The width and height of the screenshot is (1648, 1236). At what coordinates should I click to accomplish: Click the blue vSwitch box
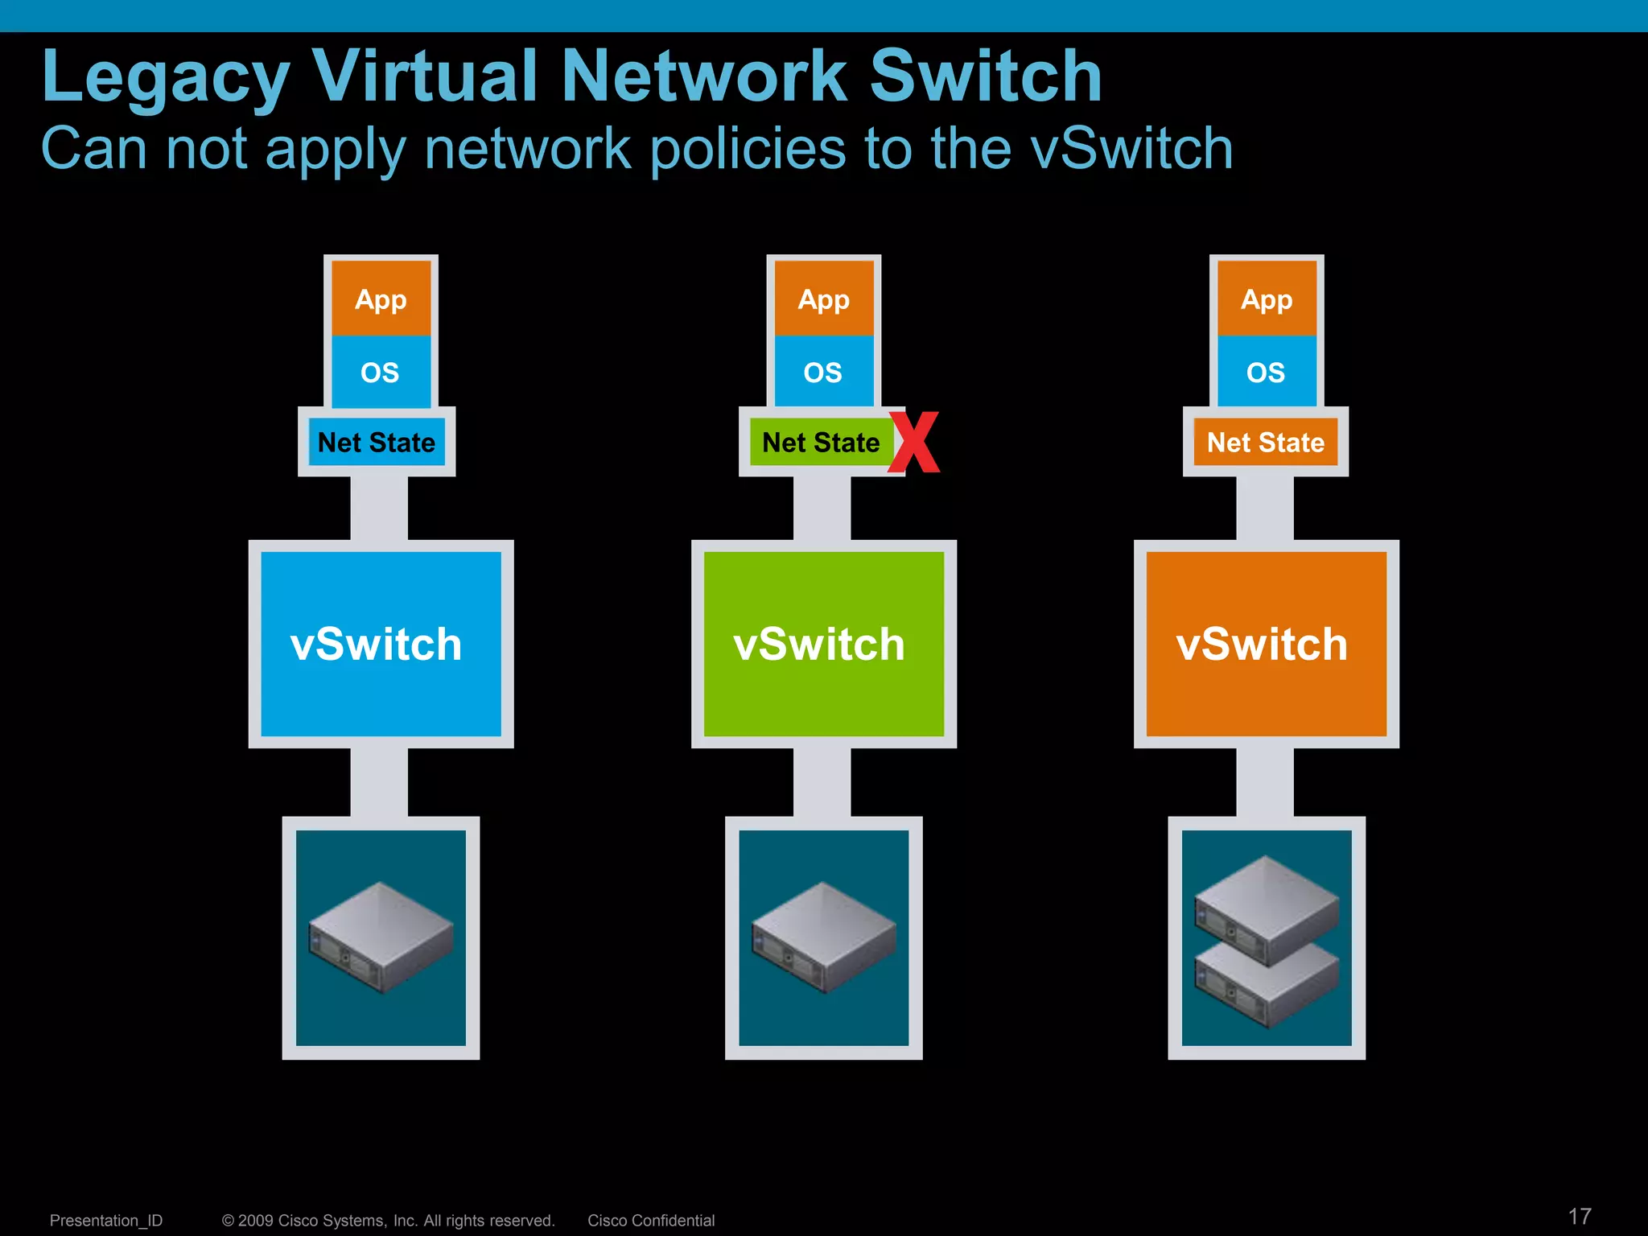(381, 644)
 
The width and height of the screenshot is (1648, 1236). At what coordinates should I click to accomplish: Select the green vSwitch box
(823, 644)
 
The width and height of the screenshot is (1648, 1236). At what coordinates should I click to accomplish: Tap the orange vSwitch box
(1266, 644)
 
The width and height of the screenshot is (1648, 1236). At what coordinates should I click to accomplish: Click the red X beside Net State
(914, 442)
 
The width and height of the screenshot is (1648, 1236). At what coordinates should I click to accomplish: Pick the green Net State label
(820, 442)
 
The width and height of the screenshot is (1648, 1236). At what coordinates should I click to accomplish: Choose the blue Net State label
(377, 442)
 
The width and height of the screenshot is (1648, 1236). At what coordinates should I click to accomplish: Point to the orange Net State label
(1265, 442)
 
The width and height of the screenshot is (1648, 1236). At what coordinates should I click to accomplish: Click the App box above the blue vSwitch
(381, 299)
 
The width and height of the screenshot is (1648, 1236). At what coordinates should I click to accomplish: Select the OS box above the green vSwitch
(823, 372)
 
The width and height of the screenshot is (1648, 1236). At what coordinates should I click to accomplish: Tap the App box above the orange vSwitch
(1267, 299)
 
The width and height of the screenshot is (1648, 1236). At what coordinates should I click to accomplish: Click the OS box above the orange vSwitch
(1266, 372)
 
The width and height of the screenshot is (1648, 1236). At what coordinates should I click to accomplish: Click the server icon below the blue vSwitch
(381, 937)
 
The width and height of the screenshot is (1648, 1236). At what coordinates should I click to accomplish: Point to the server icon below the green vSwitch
(823, 937)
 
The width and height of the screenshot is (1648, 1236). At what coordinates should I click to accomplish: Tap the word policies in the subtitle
(748, 149)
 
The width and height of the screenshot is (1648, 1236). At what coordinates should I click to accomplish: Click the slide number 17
(1580, 1216)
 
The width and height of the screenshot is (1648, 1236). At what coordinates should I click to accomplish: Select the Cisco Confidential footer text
(651, 1220)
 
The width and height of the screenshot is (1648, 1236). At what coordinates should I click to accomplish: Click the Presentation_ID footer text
(106, 1220)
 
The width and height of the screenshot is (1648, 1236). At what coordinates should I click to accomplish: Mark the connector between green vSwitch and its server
(822, 781)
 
